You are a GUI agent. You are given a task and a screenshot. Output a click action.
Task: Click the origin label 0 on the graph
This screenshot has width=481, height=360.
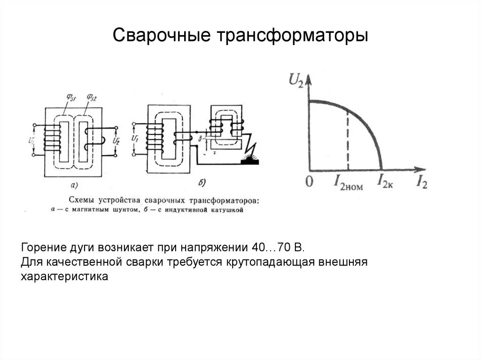pyautogui.click(x=309, y=182)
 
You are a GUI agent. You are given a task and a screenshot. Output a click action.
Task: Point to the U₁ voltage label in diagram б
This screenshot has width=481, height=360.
pyautogui.click(x=135, y=139)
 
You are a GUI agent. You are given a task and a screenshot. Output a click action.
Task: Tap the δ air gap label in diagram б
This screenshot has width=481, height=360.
pyautogui.click(x=200, y=138)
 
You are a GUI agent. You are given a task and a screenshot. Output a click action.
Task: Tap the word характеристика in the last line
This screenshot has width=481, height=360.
pyautogui.click(x=64, y=277)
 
